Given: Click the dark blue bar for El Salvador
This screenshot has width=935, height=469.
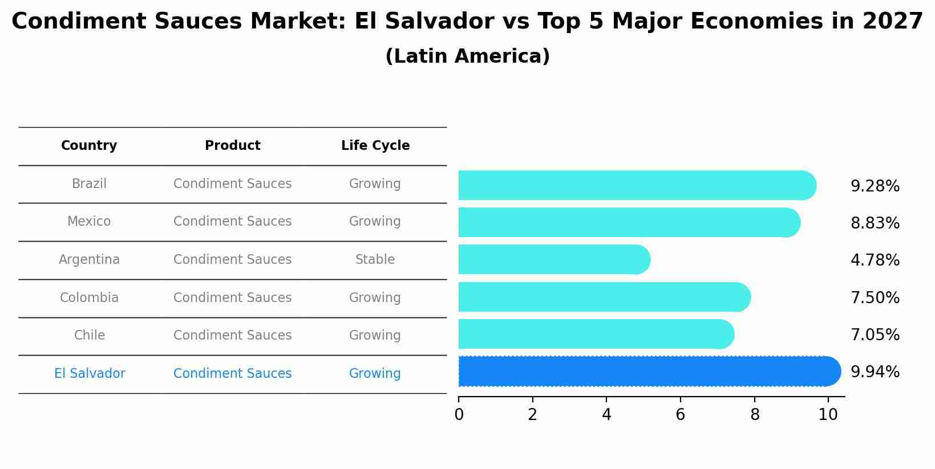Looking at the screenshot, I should click(649, 372).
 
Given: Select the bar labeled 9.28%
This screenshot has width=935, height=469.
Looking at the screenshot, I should click(637, 185).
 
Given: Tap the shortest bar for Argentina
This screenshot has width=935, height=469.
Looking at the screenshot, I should click(554, 260).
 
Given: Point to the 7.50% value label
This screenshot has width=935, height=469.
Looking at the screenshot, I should click(875, 298).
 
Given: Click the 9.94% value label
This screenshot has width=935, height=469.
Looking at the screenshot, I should click(875, 372).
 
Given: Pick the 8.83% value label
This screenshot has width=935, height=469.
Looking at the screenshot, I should click(875, 223).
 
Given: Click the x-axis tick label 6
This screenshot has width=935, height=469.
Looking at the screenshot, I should click(680, 415).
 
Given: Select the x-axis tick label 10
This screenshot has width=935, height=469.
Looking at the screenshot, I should click(828, 415).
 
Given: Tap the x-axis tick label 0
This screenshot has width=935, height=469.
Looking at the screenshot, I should click(459, 415).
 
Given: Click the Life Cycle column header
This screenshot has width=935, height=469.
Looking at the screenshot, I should click(375, 146).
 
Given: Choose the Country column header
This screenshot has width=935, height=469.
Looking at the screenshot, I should click(89, 146).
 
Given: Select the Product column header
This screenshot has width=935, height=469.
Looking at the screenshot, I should click(232, 146).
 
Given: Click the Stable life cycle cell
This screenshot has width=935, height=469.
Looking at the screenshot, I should click(375, 260).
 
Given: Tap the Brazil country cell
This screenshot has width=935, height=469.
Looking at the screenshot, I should click(89, 184).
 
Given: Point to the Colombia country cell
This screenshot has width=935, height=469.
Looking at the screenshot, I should click(89, 298).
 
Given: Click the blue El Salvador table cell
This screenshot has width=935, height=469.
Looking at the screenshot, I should click(90, 374).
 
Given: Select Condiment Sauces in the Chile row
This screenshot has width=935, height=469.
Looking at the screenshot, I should click(232, 336).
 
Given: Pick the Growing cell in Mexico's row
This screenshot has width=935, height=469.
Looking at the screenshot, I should click(375, 222).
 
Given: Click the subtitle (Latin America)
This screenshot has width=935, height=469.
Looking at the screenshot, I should click(467, 56).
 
